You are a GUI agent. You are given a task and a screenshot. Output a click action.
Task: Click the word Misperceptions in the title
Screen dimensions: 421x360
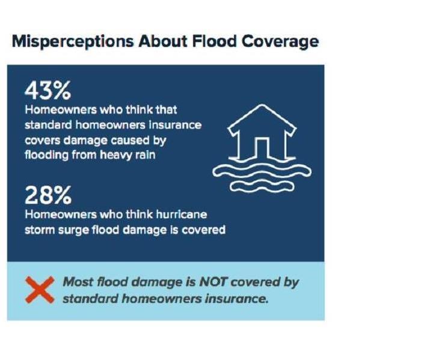[73, 42]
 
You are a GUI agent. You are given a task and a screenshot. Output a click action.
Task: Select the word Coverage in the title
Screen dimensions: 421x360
[280, 42]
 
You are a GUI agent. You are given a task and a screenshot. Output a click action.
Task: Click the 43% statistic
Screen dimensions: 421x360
[48, 90]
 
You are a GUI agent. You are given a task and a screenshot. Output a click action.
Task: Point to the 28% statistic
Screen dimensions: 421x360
[48, 195]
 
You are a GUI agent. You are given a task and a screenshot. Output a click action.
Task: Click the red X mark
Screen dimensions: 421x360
[40, 290]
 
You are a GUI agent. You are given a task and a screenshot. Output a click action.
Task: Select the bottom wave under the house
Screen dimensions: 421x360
[262, 186]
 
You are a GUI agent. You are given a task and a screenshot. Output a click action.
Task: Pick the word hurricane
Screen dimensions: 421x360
[182, 215]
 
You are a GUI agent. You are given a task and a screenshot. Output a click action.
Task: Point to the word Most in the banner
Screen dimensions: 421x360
[78, 282]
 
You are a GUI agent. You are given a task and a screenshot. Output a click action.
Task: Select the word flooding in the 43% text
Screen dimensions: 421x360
[47, 155]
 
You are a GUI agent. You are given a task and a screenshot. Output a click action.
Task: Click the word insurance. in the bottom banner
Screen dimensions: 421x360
[236, 299]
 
